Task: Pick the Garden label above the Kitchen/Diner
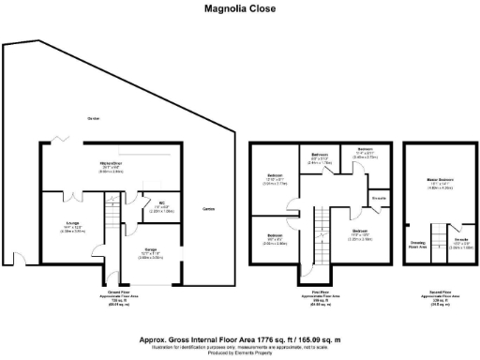coord(94,118)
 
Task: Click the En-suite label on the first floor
coord(380,198)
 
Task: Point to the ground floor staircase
coord(111,220)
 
